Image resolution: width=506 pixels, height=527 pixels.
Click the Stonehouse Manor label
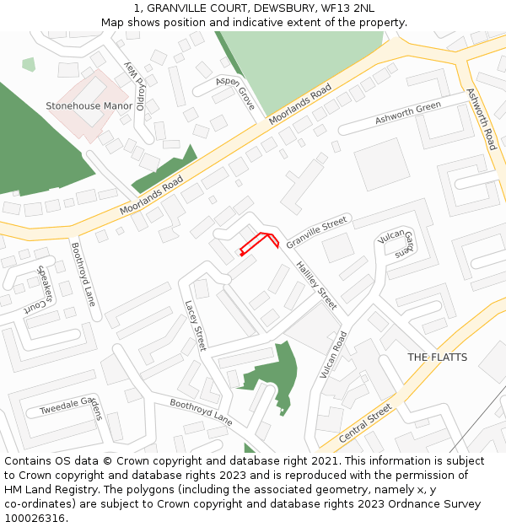coord(89,106)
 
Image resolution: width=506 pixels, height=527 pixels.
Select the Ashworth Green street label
coord(408,113)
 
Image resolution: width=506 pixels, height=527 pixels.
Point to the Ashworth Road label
coord(482,119)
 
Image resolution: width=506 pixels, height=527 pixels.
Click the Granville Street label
coord(316,232)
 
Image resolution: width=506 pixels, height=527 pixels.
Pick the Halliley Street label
coord(316,285)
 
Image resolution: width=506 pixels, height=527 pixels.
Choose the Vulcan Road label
coord(334,354)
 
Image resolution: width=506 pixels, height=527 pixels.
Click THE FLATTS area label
coord(437,358)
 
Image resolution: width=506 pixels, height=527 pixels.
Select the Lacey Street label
coord(195,326)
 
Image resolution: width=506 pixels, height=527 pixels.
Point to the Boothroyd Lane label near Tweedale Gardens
coord(201,411)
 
